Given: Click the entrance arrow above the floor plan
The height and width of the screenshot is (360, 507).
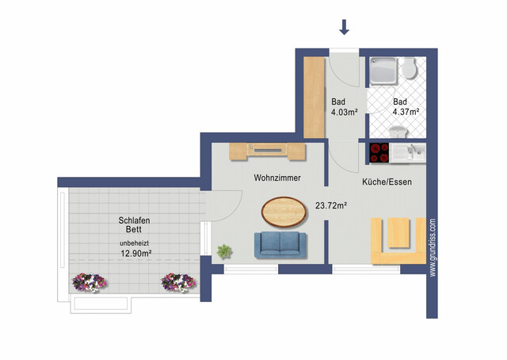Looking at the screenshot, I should [344, 27].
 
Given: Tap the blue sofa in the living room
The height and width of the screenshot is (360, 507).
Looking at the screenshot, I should [281, 245].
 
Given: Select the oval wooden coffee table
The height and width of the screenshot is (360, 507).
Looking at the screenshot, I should [284, 211].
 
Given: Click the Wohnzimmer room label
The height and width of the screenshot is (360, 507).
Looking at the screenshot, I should [276, 178].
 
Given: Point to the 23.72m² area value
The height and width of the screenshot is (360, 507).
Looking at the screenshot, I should [332, 206].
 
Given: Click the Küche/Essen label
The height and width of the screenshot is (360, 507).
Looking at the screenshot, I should [387, 182].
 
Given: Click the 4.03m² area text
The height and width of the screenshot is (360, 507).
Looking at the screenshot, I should [344, 113].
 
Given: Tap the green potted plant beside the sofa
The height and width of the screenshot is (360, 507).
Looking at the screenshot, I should [224, 251].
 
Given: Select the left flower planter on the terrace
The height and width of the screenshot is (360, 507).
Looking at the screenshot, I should [89, 281].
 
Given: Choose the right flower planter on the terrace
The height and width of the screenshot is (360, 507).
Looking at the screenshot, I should [179, 281].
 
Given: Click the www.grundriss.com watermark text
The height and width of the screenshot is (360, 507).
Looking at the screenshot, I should [432, 247].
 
